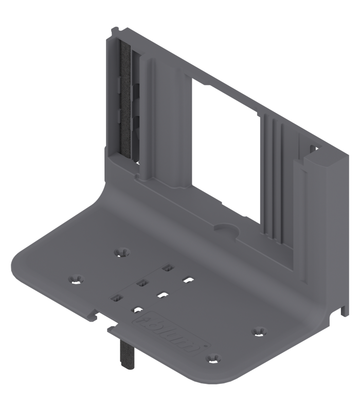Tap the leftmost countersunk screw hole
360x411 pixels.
pos(76,278)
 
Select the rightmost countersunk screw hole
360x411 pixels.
pos(258,330)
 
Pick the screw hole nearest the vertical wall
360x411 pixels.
pos(121,251)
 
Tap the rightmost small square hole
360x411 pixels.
pos(189,280)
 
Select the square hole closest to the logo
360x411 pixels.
pos(137,309)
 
